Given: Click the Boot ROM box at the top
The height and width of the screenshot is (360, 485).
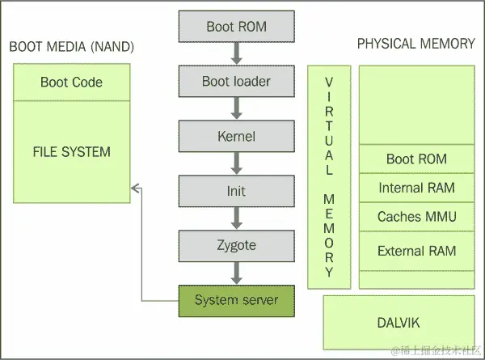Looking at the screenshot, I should (x=236, y=27).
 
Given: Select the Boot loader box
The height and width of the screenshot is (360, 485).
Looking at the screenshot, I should (x=236, y=82).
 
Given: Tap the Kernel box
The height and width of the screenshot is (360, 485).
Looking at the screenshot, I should (x=236, y=137).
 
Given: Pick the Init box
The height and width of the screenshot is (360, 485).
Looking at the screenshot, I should (x=236, y=192).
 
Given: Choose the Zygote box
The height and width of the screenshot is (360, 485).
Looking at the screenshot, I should (x=236, y=245).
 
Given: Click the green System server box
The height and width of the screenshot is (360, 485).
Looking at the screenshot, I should (x=236, y=300).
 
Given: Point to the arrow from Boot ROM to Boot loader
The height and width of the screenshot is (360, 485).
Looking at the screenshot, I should (x=236, y=53).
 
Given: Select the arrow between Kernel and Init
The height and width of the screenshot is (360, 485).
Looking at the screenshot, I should (x=236, y=164).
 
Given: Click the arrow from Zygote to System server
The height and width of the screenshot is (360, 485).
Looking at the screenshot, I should (x=236, y=273).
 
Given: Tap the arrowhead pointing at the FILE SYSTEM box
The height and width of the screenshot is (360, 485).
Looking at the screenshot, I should (x=137, y=188).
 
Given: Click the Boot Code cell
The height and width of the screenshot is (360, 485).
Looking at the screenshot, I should (x=71, y=83).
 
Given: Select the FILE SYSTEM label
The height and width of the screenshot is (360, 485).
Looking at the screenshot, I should (x=71, y=151).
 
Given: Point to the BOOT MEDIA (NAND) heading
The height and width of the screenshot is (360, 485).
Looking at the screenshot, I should (x=71, y=46).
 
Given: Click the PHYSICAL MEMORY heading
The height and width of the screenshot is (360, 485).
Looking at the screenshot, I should (x=415, y=44).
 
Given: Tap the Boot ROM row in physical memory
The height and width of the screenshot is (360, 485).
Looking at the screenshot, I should (x=416, y=159).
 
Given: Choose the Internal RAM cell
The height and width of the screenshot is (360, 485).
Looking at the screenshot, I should (x=416, y=188).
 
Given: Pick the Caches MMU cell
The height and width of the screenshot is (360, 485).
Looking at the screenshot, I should (x=416, y=217).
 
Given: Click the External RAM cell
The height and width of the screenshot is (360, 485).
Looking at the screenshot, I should (x=416, y=251).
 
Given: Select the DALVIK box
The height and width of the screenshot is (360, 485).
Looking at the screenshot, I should (x=398, y=322).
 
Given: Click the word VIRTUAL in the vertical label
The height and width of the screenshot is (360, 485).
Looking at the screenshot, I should (x=329, y=125).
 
